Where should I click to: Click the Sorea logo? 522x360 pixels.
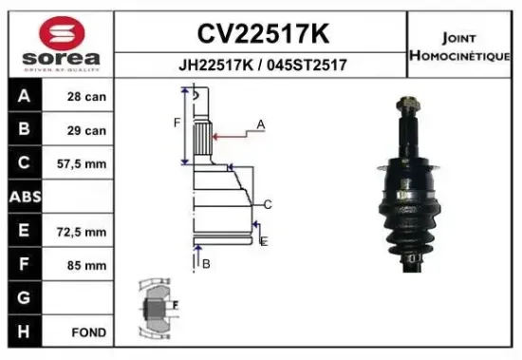[x=58, y=43]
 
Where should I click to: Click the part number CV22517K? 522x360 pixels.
[x=262, y=34]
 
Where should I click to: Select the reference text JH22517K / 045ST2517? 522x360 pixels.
[x=262, y=66]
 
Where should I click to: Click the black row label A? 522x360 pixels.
[x=23, y=97]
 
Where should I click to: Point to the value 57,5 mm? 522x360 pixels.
[x=84, y=164]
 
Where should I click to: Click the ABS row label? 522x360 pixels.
[x=23, y=198]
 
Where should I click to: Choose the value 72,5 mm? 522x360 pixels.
[x=84, y=232]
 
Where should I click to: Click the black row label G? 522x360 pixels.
[x=23, y=298]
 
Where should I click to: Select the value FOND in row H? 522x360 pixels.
[x=87, y=333]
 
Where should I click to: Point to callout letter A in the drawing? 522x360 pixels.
[x=260, y=124]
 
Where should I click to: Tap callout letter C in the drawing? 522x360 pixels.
[x=269, y=203]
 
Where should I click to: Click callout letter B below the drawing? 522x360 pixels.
[x=205, y=263]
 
